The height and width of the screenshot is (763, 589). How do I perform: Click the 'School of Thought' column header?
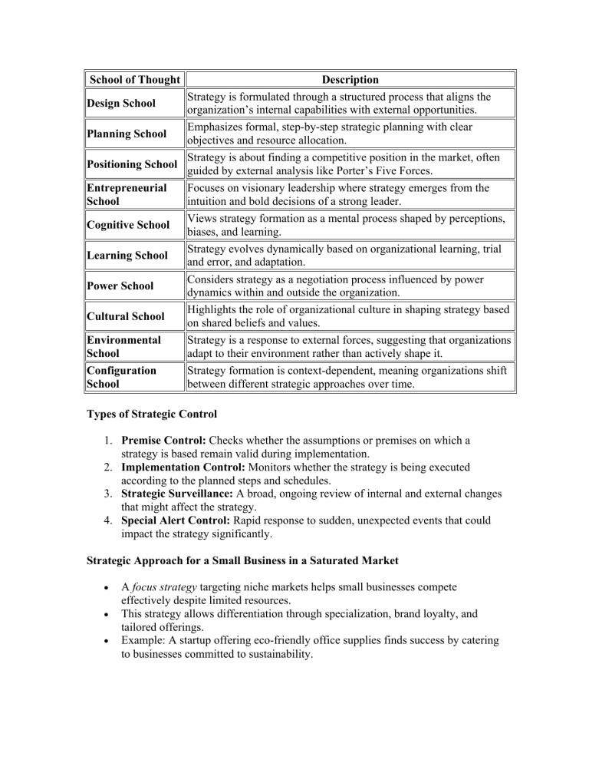click(135, 80)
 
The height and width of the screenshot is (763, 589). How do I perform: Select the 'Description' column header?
click(350, 80)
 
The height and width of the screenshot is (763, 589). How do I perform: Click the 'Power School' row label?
click(121, 286)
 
